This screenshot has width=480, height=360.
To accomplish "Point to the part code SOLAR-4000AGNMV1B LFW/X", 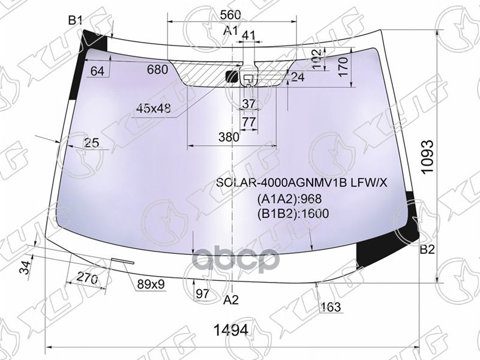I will click(302, 182).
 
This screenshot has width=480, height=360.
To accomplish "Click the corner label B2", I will click(427, 250).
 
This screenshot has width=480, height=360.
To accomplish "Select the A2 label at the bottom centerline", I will click(231, 299).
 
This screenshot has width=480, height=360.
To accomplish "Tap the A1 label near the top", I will click(230, 31).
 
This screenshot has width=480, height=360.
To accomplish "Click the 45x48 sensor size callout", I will click(154, 109).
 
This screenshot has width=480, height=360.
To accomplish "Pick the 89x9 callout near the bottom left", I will click(150, 284).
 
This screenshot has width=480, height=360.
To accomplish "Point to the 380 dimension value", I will click(228, 137).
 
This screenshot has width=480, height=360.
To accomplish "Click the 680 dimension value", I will click(157, 70).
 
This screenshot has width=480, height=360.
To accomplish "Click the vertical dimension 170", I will click(343, 65).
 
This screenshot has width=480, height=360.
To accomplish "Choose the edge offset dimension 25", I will click(91, 143).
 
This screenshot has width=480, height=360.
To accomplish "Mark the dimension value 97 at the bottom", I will click(202, 293).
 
